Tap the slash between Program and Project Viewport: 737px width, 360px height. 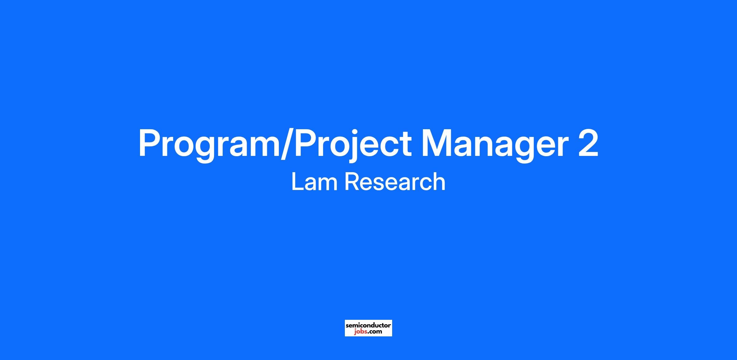[288, 143]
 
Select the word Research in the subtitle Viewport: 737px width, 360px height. [395, 182]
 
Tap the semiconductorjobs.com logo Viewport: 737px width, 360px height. [368, 328]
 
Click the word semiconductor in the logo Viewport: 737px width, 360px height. [368, 325]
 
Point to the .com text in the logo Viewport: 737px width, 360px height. [375, 332]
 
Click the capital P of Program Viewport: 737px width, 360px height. [150, 143]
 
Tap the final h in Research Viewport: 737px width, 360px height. [439, 181]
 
